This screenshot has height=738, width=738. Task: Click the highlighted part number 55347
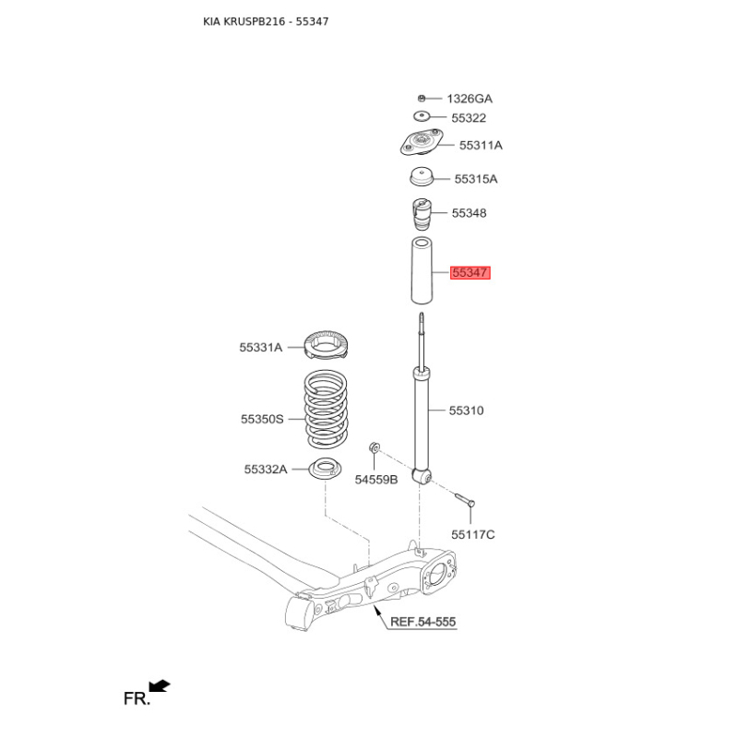pos(470,272)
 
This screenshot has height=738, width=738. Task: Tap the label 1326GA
pos(470,99)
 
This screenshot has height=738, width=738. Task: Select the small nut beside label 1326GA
pos(422,99)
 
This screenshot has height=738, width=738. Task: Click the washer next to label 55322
pos(422,116)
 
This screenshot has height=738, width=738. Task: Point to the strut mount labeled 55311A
pos(422,142)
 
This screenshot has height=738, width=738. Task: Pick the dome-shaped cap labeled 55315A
pos(422,176)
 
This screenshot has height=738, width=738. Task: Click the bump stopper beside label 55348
pos(422,214)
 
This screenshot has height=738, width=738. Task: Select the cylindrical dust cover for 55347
pos(422,270)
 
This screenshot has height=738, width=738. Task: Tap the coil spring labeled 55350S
pos(326,409)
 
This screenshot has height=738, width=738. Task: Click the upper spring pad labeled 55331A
pos(326,345)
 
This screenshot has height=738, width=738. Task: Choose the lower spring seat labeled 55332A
pos(325,469)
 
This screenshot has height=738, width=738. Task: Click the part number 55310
pos(466,411)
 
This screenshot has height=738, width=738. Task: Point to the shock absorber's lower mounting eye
pos(423,476)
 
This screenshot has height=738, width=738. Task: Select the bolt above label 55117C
pos(465,499)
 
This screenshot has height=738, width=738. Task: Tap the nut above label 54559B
pos(375,446)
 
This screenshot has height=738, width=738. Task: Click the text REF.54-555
pos(423,622)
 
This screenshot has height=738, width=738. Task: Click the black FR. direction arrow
pos(159,685)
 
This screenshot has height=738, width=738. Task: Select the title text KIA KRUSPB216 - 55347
pos(266,21)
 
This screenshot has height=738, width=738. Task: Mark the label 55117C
pos(473,535)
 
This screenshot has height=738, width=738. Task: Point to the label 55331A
pos(261,348)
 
